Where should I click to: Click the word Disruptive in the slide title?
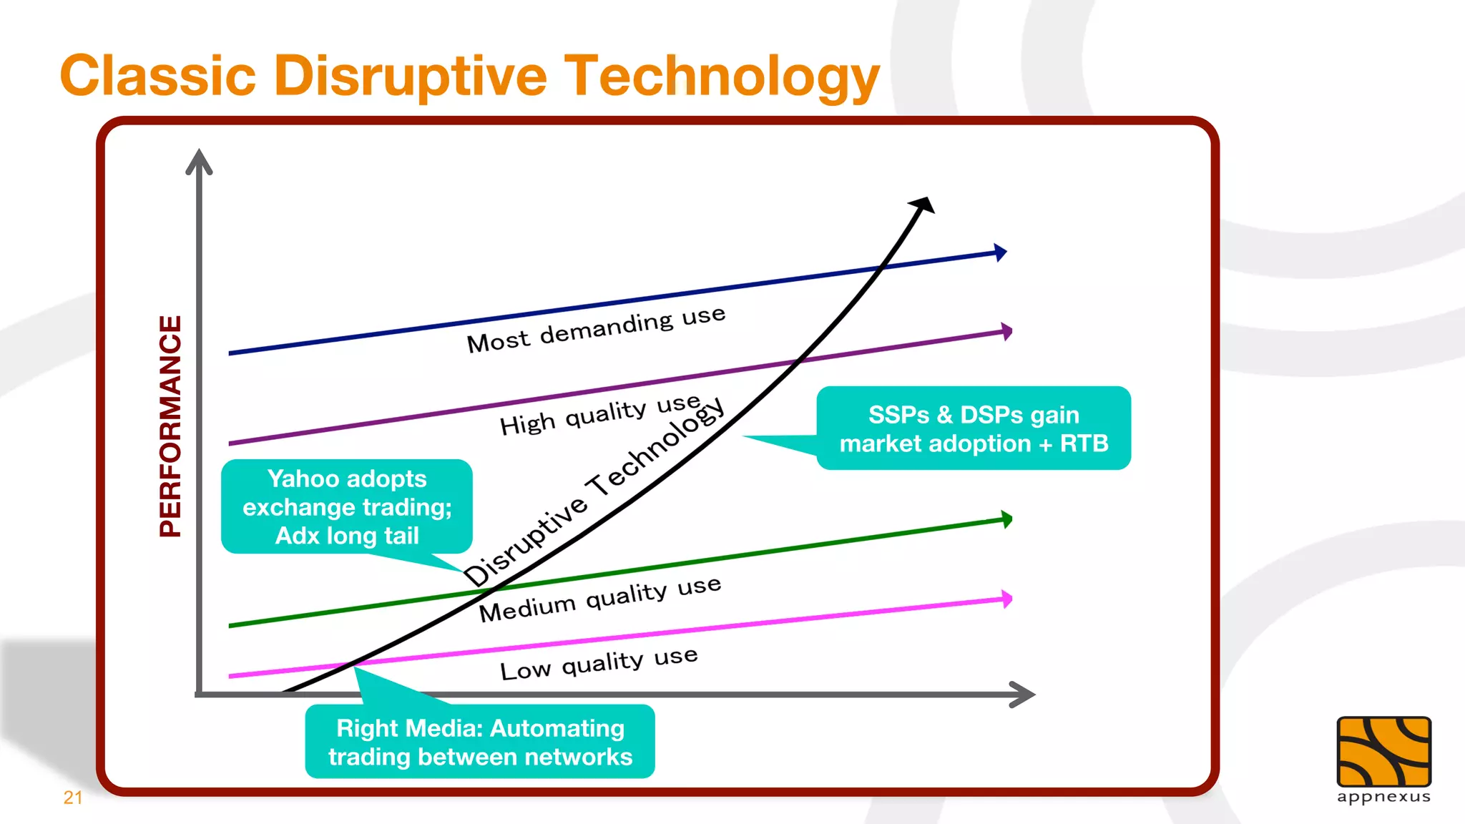pyautogui.click(x=410, y=76)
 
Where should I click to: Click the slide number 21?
pyautogui.click(x=73, y=798)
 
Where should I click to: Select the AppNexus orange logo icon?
pyautogui.click(x=1383, y=752)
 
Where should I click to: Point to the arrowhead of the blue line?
pyautogui.click(x=1001, y=252)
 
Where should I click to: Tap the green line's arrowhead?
pyautogui.click(x=1006, y=519)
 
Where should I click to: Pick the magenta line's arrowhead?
pyautogui.click(x=1006, y=599)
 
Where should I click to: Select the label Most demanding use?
pyautogui.click(x=596, y=329)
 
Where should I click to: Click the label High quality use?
pyautogui.click(x=599, y=414)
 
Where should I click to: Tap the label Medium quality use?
pyautogui.click(x=599, y=598)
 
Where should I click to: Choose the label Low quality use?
pyautogui.click(x=598, y=663)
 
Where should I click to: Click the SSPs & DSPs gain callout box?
pyautogui.click(x=973, y=428)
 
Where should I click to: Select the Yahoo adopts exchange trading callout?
pyautogui.click(x=347, y=506)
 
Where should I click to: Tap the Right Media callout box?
pyautogui.click(x=480, y=742)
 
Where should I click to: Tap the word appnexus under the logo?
pyautogui.click(x=1383, y=798)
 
